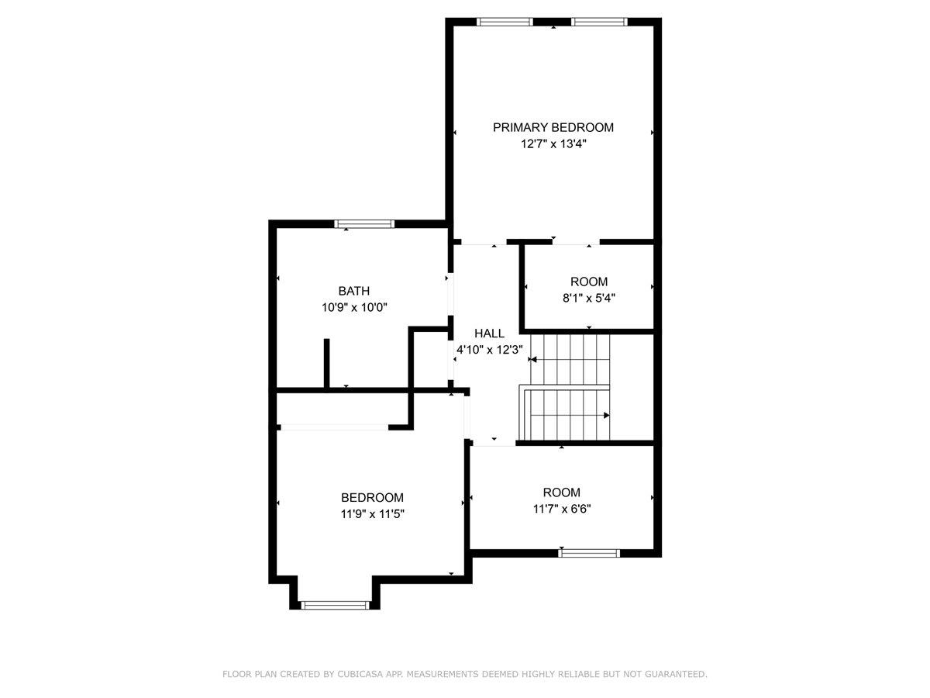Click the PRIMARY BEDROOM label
click(553, 127)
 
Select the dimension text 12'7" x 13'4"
click(553, 144)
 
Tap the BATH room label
click(353, 291)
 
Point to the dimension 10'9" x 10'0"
click(354, 308)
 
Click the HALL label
click(489, 333)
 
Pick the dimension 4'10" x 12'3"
click(490, 350)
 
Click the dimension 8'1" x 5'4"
click(589, 297)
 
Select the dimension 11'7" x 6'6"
click(562, 509)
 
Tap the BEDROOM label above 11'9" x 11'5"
click(372, 497)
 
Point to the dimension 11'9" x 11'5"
click(372, 513)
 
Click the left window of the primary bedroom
click(505, 22)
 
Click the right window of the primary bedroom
click(600, 22)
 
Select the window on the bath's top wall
click(364, 224)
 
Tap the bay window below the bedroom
click(335, 605)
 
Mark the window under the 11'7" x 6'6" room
click(589, 553)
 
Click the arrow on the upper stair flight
click(533, 360)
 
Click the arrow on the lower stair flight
click(606, 415)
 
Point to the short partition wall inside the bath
click(327, 363)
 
